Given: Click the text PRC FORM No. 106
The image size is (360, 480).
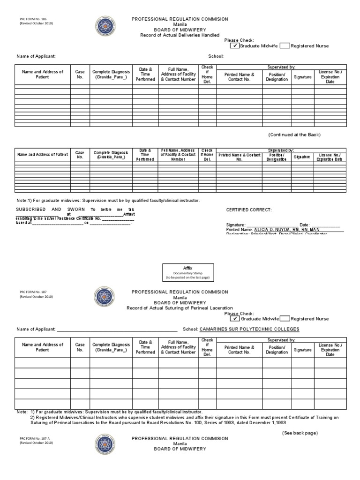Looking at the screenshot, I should (33, 19).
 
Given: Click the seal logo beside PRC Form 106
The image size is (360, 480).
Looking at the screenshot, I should (105, 25).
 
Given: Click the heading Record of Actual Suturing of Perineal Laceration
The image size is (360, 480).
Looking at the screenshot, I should (180, 308).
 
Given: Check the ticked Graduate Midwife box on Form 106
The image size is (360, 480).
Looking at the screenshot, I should (235, 46).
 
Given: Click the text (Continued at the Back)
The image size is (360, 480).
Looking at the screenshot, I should (294, 135).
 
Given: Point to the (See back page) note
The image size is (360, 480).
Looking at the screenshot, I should (300, 433).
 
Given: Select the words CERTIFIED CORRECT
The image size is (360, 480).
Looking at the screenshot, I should (249, 210).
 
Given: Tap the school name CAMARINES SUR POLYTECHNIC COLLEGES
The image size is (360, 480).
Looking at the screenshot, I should (249, 329).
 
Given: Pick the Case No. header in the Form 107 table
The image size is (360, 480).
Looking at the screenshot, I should (80, 347).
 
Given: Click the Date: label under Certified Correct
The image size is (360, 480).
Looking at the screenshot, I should (305, 225).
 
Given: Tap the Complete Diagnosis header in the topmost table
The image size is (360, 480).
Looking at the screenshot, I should (111, 74).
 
